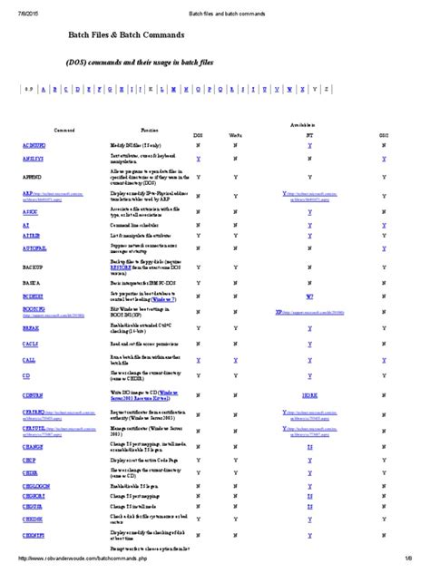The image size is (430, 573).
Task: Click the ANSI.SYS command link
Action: (x=34, y=159)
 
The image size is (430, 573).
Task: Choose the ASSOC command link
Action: (x=30, y=211)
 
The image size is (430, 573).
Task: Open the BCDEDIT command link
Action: (x=34, y=296)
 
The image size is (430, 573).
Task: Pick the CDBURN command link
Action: (x=33, y=395)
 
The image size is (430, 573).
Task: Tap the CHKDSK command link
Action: (x=33, y=519)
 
